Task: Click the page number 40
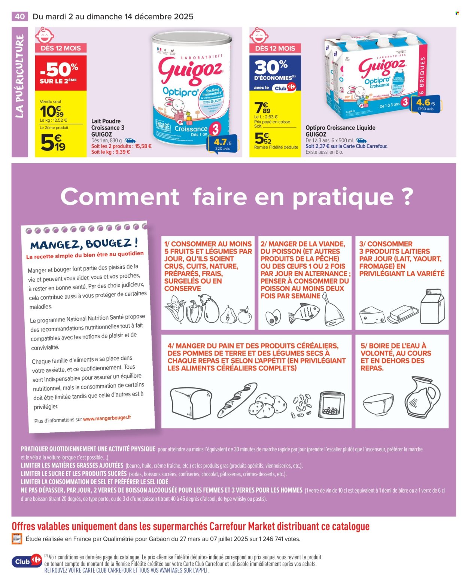pyautogui.click(x=20, y=16)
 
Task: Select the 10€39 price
pyautogui.click(x=52, y=111)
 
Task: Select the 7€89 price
pyautogui.click(x=262, y=108)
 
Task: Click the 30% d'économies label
pyautogui.click(x=275, y=71)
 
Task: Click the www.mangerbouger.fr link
pyautogui.click(x=107, y=418)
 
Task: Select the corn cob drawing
pyautogui.click(x=175, y=310)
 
